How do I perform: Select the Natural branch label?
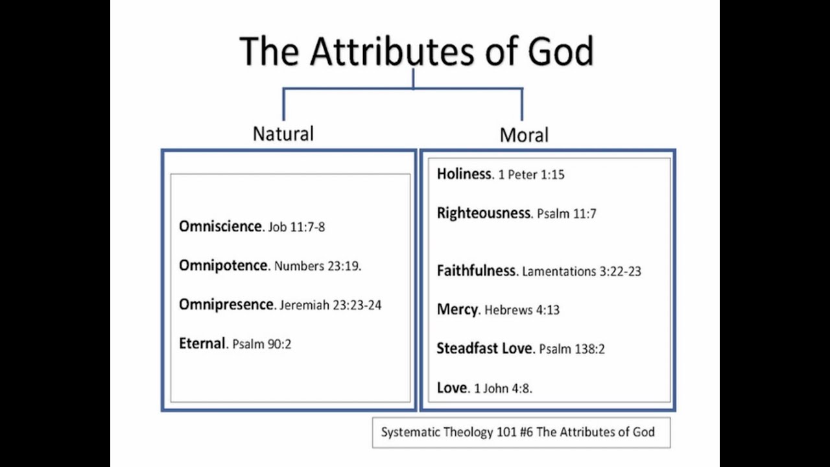click(283, 134)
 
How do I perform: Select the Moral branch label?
click(524, 136)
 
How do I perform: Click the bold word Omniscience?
click(220, 226)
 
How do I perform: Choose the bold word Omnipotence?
click(223, 265)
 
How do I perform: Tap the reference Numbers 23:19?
click(317, 267)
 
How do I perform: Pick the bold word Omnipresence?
click(226, 304)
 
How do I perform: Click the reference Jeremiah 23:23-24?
click(331, 305)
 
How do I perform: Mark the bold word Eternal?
click(202, 343)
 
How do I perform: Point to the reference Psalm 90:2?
click(262, 344)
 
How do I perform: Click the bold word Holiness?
click(464, 174)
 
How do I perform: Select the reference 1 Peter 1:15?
click(532, 175)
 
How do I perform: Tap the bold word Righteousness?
click(483, 213)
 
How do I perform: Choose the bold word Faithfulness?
click(477, 270)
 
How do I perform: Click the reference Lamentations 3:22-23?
click(582, 272)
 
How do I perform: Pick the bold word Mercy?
click(457, 309)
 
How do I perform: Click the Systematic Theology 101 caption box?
click(521, 433)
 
